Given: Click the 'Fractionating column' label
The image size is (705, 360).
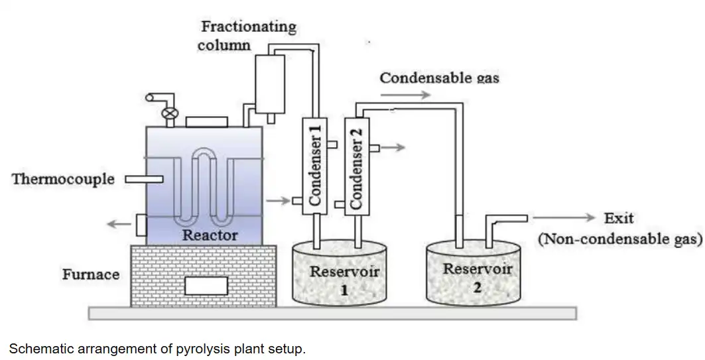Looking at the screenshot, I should [x=248, y=36].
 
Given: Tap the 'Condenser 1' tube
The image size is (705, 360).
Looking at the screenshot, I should [x=315, y=166].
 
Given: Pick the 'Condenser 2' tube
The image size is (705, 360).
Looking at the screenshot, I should [x=357, y=166].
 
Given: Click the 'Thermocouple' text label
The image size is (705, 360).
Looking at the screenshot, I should [x=63, y=179].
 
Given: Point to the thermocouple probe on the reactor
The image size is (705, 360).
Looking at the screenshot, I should [x=144, y=178].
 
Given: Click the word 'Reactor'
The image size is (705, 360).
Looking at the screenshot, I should [x=210, y=235].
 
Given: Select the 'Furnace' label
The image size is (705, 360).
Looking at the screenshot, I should [x=91, y=274].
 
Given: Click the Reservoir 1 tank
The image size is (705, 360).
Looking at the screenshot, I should [x=340, y=275].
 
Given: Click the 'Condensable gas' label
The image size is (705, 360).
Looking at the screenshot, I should [x=439, y=78].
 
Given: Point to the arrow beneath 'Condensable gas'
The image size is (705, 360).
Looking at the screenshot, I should [x=405, y=95].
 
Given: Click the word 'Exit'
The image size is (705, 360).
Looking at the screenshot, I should [x=618, y=218].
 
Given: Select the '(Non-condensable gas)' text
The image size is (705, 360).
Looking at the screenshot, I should [x=619, y=239].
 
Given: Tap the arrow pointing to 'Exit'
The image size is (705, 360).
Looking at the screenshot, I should [x=564, y=217].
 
